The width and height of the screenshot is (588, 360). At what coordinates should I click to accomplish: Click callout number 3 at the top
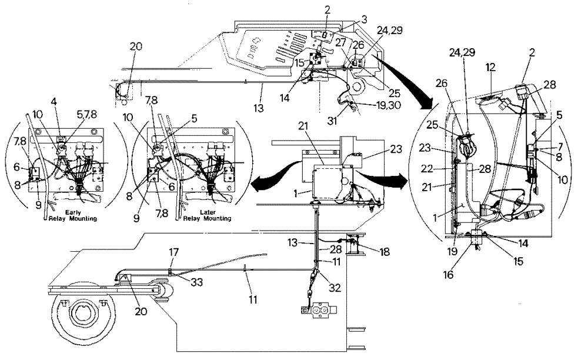click(x=349, y=19)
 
